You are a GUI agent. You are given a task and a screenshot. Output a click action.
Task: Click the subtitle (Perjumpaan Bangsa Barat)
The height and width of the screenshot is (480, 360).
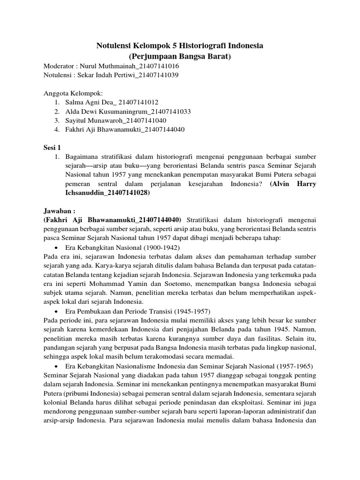[x=180, y=57]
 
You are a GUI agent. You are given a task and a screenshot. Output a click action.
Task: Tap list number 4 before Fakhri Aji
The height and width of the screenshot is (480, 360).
[x=56, y=129]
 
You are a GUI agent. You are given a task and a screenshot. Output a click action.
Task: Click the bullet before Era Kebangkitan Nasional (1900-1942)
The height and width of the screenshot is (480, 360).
[x=56, y=247]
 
